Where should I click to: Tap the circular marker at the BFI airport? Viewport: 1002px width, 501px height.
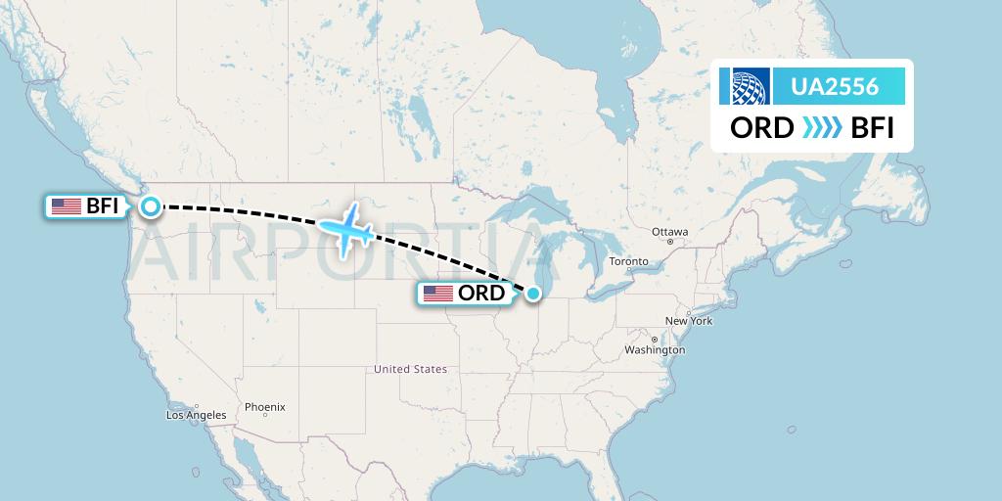pyautogui.click(x=151, y=205)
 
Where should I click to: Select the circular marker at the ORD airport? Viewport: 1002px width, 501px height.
pyautogui.click(x=533, y=292)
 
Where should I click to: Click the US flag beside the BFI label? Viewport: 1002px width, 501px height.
pyautogui.click(x=67, y=206)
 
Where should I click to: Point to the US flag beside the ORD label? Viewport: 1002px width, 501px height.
pyautogui.click(x=438, y=293)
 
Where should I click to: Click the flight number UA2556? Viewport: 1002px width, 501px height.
pyautogui.click(x=835, y=87)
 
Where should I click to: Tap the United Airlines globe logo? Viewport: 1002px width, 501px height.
pyautogui.click(x=746, y=86)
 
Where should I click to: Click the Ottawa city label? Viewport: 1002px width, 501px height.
pyautogui.click(x=670, y=232)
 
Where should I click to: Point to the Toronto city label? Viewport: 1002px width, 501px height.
pyautogui.click(x=628, y=261)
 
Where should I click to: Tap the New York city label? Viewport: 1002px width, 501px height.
pyautogui.click(x=689, y=321)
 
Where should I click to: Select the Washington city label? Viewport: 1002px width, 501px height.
pyautogui.click(x=655, y=349)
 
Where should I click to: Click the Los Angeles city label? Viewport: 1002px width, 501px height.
pyautogui.click(x=196, y=415)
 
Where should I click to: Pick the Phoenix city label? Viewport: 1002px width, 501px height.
pyautogui.click(x=265, y=406)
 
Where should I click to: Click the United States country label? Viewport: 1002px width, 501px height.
pyautogui.click(x=410, y=369)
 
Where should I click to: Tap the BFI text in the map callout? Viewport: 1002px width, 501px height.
pyautogui.click(x=103, y=206)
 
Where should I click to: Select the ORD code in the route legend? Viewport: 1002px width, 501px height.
pyautogui.click(x=761, y=128)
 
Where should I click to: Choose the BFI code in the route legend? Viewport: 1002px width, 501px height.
pyautogui.click(x=873, y=128)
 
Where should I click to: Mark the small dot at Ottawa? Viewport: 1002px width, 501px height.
pyautogui.click(x=670, y=242)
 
